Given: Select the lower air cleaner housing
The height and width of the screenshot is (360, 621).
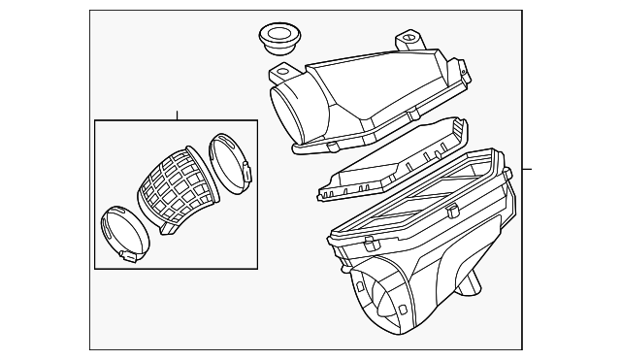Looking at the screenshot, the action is [x=417, y=252].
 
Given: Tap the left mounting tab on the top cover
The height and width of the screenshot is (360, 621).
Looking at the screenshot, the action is [x=281, y=72].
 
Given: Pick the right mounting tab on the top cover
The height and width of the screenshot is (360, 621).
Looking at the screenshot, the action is [x=409, y=42].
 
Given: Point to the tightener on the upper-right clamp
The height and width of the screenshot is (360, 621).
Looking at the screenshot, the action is [x=246, y=173].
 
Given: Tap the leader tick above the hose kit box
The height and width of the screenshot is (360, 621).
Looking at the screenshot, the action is [x=177, y=115].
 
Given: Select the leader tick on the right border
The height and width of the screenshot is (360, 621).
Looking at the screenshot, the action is [x=526, y=169].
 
